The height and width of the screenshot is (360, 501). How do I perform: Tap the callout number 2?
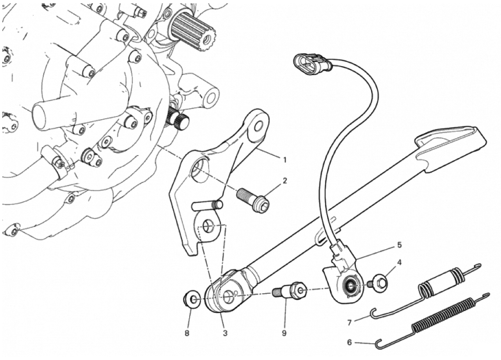pos(284,181)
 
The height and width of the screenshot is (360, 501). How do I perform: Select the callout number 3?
pos(225,333)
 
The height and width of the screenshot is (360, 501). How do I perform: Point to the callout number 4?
pos(399,262)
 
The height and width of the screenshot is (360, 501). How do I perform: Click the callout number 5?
pos(399,245)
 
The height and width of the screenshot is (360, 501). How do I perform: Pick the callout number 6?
pos(349,342)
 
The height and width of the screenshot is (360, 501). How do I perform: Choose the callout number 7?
pos(349,323)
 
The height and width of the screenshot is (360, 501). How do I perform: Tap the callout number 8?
pos(187,333)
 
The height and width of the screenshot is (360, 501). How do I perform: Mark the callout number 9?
pos(284,333)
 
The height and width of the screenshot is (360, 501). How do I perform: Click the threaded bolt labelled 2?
pos(253,200)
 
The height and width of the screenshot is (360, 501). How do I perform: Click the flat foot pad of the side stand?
pos(450,147)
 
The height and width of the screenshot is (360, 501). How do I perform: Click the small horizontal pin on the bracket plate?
pos(207,205)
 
